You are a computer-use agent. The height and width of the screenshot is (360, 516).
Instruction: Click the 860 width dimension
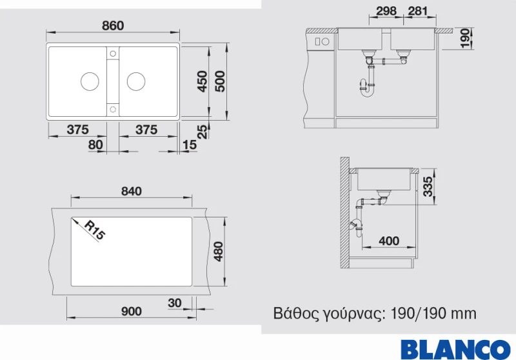click(113, 26)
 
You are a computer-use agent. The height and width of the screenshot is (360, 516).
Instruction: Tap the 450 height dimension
click(202, 81)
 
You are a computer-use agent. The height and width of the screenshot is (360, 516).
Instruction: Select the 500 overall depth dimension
click(220, 81)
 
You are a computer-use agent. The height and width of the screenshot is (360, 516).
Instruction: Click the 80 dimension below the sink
click(95, 145)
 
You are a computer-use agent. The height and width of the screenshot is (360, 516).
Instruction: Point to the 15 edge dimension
click(189, 145)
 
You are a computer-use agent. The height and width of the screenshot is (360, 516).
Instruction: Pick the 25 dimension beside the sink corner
click(203, 132)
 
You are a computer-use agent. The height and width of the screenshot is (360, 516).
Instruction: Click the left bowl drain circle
click(90, 81)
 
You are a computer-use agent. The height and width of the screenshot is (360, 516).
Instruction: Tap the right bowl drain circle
click(136, 81)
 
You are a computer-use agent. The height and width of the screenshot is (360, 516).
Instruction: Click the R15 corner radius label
click(95, 230)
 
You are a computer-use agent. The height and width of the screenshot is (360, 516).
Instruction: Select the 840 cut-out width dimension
click(132, 191)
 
